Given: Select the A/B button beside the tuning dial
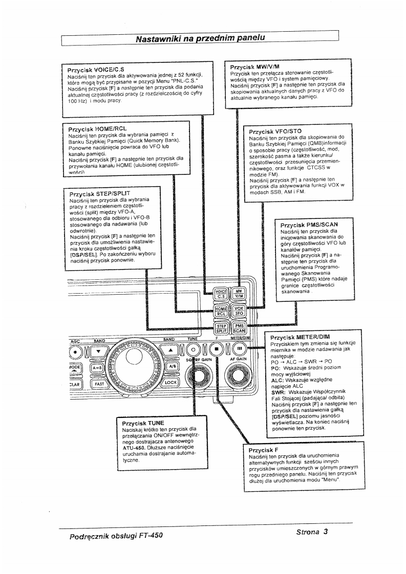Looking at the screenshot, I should tap(171, 367).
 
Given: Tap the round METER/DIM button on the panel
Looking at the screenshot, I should tap(238, 349).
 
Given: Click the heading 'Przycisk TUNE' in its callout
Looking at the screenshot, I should tap(143, 424).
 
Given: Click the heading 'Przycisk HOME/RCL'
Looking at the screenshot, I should tap(97, 128).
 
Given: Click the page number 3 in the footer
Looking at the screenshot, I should tap(325, 531).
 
